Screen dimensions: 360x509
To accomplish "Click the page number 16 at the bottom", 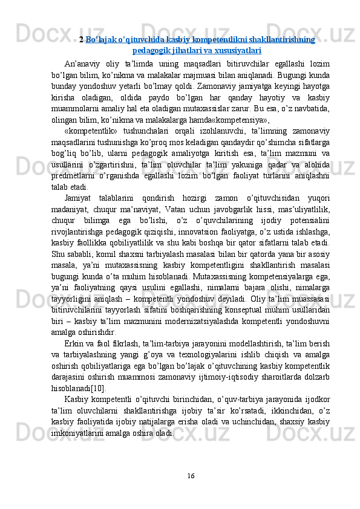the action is [x=191, y=476].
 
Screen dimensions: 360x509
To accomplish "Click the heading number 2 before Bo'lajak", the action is [x=81, y=40].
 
